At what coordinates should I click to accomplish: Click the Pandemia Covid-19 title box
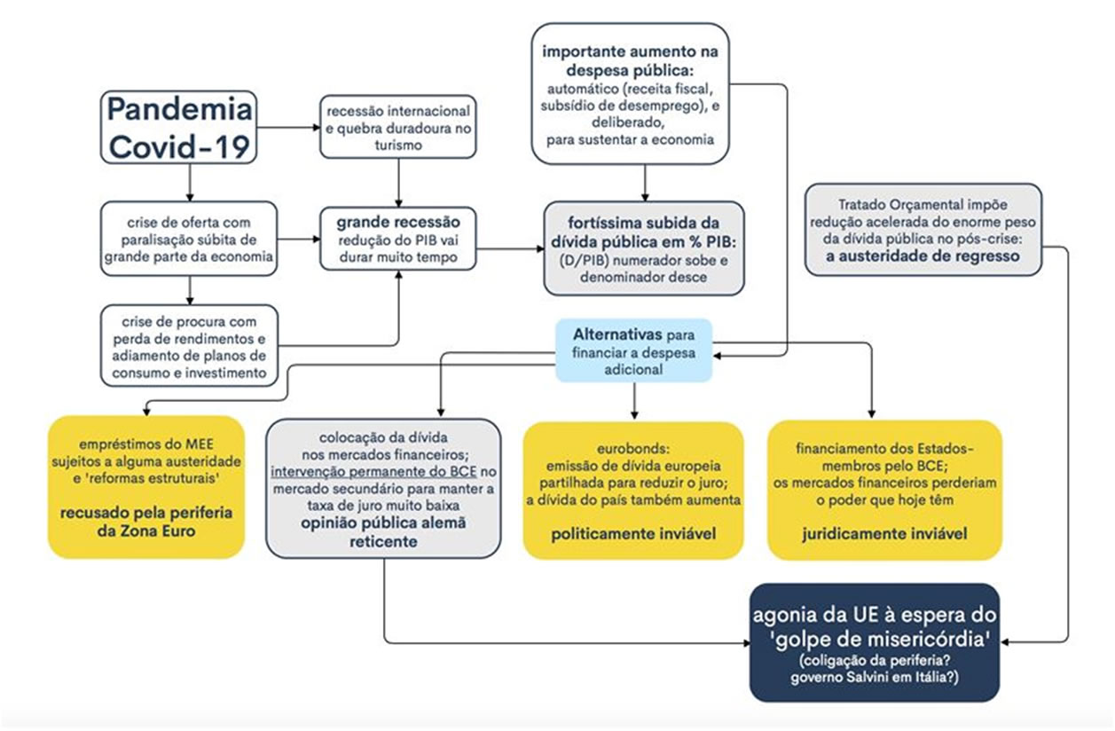click(179, 127)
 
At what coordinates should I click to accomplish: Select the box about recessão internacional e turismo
click(398, 128)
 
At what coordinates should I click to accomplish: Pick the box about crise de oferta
click(189, 237)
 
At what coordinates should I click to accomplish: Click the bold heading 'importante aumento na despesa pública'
click(631, 62)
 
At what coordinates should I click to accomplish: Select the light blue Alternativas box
click(633, 350)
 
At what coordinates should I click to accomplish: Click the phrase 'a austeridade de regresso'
click(923, 255)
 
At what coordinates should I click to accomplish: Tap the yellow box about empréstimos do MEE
click(145, 486)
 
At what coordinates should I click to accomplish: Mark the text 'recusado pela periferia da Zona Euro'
click(145, 523)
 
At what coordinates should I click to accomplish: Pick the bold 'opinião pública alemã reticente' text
click(383, 531)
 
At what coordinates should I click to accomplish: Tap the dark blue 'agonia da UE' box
click(875, 641)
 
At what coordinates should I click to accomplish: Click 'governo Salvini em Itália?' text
click(875, 680)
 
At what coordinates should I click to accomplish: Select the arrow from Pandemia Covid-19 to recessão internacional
click(288, 128)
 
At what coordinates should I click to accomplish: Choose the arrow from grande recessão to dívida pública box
click(509, 248)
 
